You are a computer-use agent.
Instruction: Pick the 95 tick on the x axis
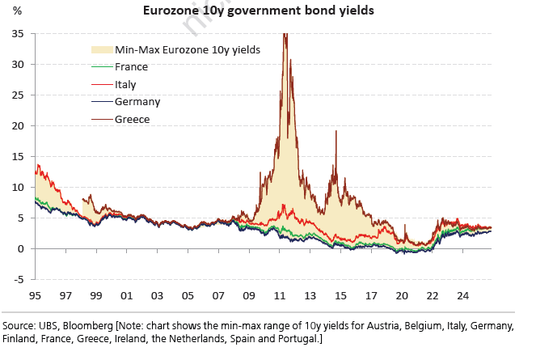35,296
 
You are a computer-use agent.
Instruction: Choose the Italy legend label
126,83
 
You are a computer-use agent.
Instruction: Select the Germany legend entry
137,101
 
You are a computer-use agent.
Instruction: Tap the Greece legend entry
132,119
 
